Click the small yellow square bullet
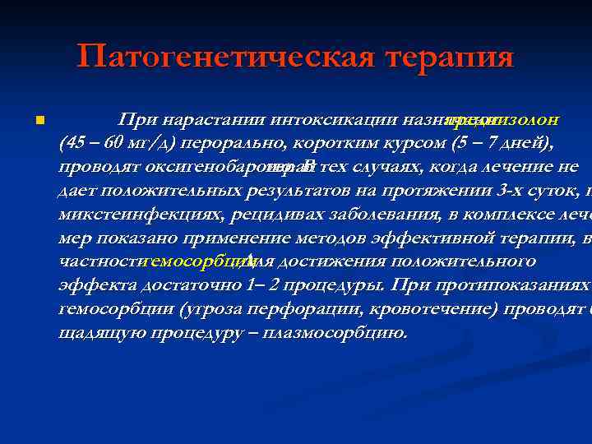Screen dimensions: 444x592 tap(39, 121)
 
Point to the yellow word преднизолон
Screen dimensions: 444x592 tap(503, 119)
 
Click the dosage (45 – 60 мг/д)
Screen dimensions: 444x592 tap(118, 142)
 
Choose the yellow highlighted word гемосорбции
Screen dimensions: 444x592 tap(189, 261)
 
